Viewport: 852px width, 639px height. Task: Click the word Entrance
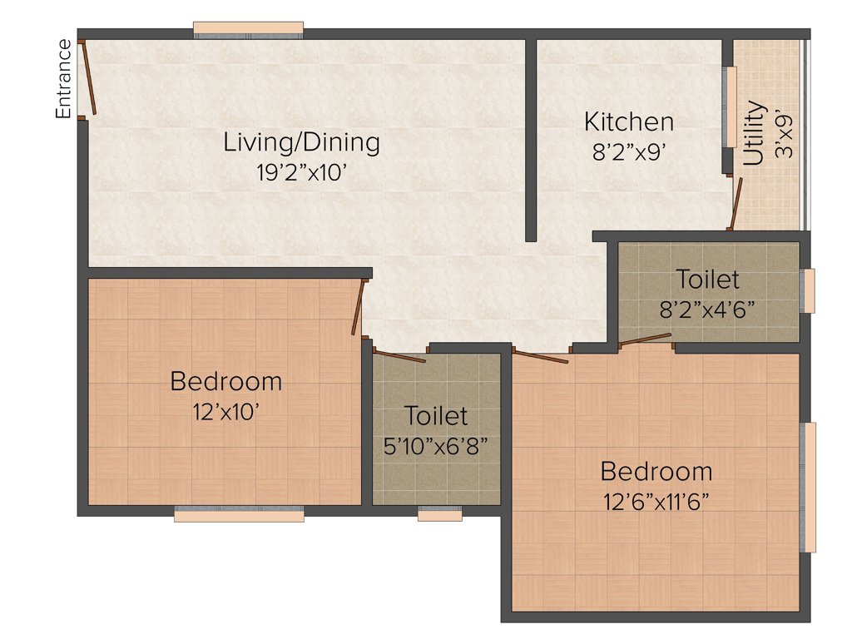[63, 78]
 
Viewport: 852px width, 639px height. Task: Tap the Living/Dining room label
[301, 142]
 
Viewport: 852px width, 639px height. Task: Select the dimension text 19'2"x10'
[301, 172]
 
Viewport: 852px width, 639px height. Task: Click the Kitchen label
[628, 122]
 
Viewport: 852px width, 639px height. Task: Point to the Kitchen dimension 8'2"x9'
[628, 152]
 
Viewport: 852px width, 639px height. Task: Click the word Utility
[755, 133]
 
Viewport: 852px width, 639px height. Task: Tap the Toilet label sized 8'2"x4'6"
[707, 279]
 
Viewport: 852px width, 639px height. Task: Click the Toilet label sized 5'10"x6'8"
[436, 414]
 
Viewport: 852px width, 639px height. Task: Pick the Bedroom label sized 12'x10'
[225, 382]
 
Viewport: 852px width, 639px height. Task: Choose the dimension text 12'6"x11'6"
[656, 502]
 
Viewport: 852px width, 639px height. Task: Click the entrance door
[88, 77]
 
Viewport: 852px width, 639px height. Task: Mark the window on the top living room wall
[248, 30]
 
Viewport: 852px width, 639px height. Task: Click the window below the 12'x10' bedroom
[239, 515]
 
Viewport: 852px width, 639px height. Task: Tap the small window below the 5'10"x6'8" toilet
[439, 515]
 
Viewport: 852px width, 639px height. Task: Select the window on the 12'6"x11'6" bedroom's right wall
[808, 487]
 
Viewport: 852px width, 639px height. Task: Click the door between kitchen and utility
[735, 202]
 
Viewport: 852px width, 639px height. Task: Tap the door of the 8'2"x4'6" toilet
[645, 339]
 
